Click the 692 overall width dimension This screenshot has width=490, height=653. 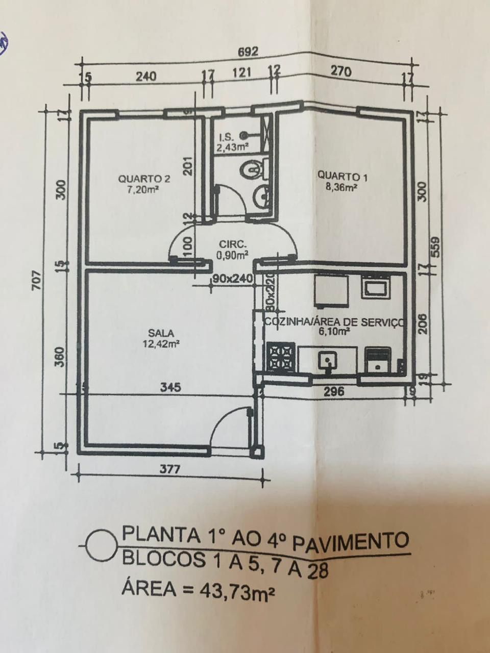(x=248, y=52)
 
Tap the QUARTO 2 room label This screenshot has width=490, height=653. (x=144, y=179)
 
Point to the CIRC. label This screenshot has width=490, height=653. (x=232, y=244)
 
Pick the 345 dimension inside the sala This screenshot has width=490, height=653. (x=170, y=387)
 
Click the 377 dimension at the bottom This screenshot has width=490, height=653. (x=170, y=469)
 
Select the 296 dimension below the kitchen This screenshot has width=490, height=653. (x=334, y=392)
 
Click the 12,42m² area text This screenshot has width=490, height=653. (x=161, y=344)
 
